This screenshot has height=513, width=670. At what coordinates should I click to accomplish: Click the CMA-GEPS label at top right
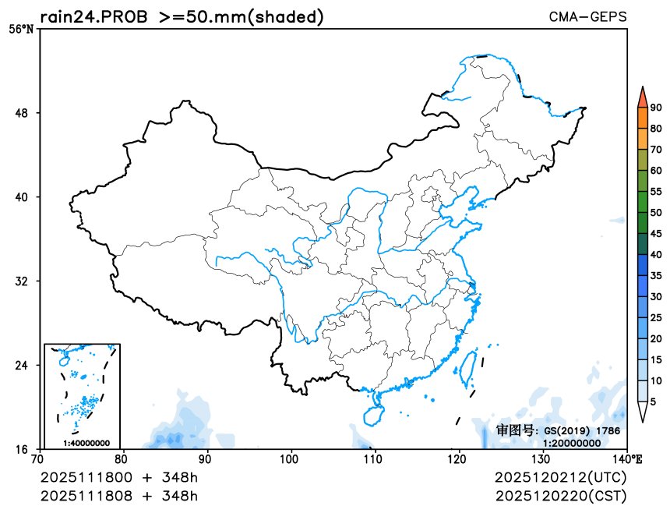[x=587, y=16]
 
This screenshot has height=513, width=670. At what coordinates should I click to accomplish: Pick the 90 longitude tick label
[x=206, y=460]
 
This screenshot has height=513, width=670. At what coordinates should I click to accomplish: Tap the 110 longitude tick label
[x=375, y=460]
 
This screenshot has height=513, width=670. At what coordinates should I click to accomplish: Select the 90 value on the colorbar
[x=656, y=108]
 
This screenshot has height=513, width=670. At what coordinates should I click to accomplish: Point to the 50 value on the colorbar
[x=656, y=213]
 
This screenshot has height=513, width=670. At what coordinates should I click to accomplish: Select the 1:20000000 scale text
[x=572, y=442]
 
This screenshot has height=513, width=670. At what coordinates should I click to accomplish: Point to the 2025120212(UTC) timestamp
[x=560, y=476]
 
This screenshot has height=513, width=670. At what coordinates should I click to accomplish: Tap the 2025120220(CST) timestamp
[x=560, y=495]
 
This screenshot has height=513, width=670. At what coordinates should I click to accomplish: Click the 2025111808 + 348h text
[x=119, y=495]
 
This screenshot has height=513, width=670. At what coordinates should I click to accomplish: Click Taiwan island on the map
[x=469, y=368]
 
